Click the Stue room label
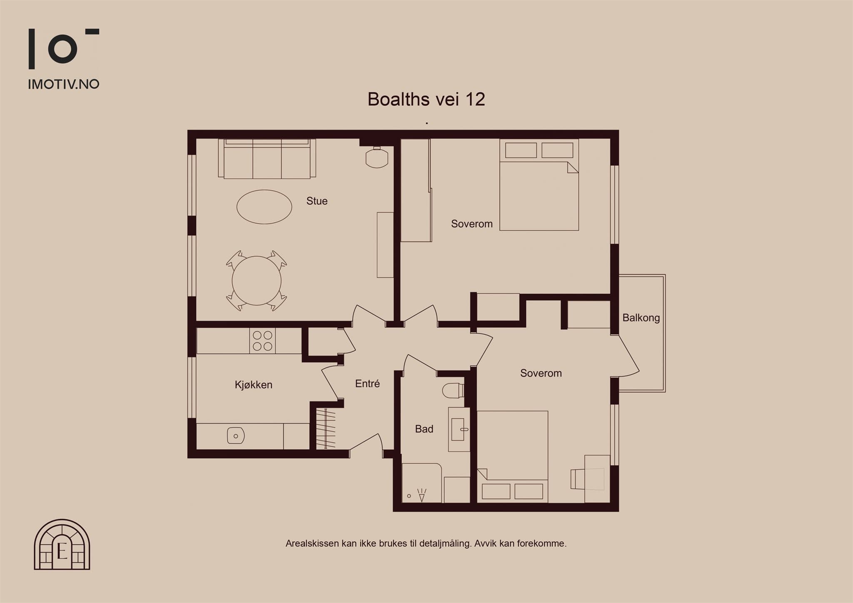point(317,201)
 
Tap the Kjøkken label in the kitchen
point(254,385)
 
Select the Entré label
point(367,384)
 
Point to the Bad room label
point(424,429)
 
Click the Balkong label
point(641,318)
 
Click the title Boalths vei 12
point(426,99)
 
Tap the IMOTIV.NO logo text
point(63,84)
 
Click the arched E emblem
point(62,544)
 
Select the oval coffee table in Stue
point(264,207)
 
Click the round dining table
point(257,281)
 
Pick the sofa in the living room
point(267,159)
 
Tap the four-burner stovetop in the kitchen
point(262,341)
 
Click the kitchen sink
point(236,436)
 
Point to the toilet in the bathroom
point(453,391)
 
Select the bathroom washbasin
point(459,429)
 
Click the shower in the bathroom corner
point(422,483)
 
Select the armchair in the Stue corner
point(377,157)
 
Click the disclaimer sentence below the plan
point(426,543)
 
